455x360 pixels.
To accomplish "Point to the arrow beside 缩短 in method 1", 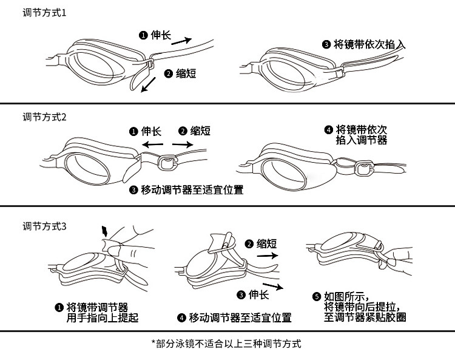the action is tap(148, 87).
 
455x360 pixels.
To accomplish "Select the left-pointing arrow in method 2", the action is tap(152, 144).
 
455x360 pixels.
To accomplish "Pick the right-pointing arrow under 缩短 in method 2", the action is tap(183, 144).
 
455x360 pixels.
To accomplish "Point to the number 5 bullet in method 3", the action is tap(316, 297).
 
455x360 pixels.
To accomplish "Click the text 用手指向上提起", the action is tap(102, 318).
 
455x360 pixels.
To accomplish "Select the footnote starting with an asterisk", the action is tap(226, 344).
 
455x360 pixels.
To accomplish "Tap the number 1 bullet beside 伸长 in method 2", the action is tap(133, 131).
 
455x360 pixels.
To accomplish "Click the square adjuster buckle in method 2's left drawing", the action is tap(164, 161).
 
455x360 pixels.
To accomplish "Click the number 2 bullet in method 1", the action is tap(169, 73).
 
